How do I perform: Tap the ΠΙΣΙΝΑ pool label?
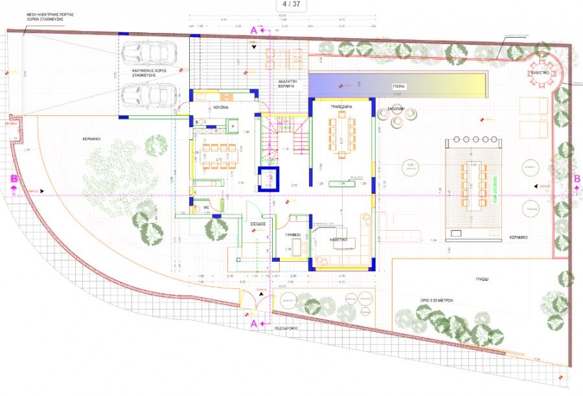pyautogui.click(x=399, y=86)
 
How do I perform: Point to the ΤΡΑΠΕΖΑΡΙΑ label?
pyautogui.click(x=341, y=106)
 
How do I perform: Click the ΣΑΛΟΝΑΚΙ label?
pyautogui.click(x=396, y=108)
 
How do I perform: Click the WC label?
pyautogui.click(x=206, y=207)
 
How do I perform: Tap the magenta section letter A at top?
pyautogui.click(x=254, y=30)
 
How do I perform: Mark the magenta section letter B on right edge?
pyautogui.click(x=576, y=180)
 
